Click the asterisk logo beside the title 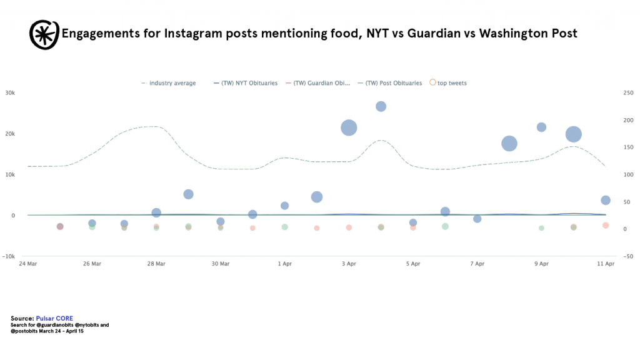[x=44, y=34]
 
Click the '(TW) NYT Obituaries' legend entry [x=249, y=83]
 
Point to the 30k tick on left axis [x=10, y=93]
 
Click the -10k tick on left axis [x=9, y=256]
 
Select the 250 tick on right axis [x=629, y=93]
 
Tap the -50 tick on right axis [x=628, y=256]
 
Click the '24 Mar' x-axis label [x=27, y=264]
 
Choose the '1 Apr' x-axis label [x=284, y=264]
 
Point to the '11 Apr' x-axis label [x=605, y=264]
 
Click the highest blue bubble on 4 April [x=381, y=106]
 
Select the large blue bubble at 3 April [x=349, y=127]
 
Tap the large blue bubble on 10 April [x=574, y=134]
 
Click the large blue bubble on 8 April [x=509, y=143]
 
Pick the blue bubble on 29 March [x=188, y=194]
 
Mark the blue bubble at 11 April [x=605, y=200]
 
